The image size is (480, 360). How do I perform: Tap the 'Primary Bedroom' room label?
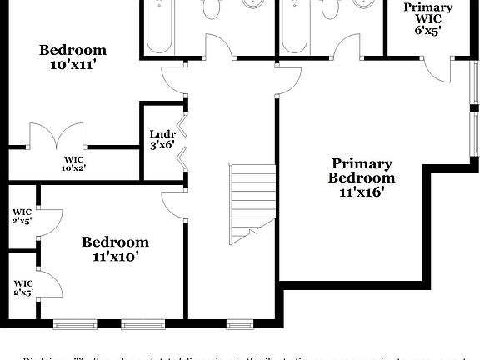click(x=362, y=170)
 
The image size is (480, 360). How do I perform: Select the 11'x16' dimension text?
click(x=362, y=192)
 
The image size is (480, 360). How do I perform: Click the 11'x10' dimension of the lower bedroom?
click(x=115, y=257)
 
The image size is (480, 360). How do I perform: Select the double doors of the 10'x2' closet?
click(x=57, y=137)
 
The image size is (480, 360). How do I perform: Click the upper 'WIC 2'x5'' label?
click(x=22, y=217)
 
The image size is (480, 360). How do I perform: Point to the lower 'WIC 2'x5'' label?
click(x=22, y=288)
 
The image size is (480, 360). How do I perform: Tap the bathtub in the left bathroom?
click(x=159, y=25)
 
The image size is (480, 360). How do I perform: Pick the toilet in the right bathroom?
click(x=331, y=10)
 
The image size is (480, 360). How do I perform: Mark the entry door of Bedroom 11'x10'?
click(x=172, y=203)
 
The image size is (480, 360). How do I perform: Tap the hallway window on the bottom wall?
click(x=240, y=323)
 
